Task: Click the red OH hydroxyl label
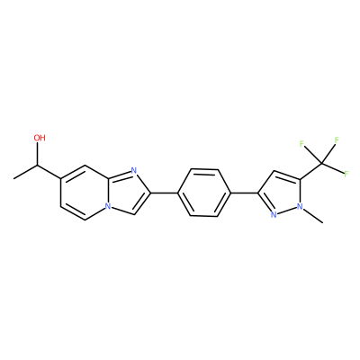pyautogui.click(x=40, y=138)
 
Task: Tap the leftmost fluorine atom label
pyautogui.click(x=302, y=144)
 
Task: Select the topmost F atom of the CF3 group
pyautogui.click(x=337, y=139)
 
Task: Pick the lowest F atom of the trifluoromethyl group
pyautogui.click(x=346, y=174)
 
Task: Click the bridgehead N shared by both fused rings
pyautogui.click(x=108, y=207)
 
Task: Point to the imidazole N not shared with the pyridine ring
pyautogui.click(x=134, y=171)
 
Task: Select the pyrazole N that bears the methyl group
pyautogui.click(x=300, y=206)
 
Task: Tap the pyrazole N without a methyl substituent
pyautogui.click(x=274, y=215)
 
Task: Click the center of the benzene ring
pyautogui.click(x=204, y=193)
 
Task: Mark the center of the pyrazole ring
pyautogui.click(x=281, y=193)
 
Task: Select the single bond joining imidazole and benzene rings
pyautogui.click(x=165, y=193)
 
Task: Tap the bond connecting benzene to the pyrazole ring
pyautogui.click(x=244, y=193)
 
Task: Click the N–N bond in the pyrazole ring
pyautogui.click(x=286, y=211)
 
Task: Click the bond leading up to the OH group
pyautogui.click(x=38, y=154)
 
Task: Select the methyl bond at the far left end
pyautogui.click(x=26, y=172)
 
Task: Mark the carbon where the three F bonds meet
pyautogui.click(x=322, y=164)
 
